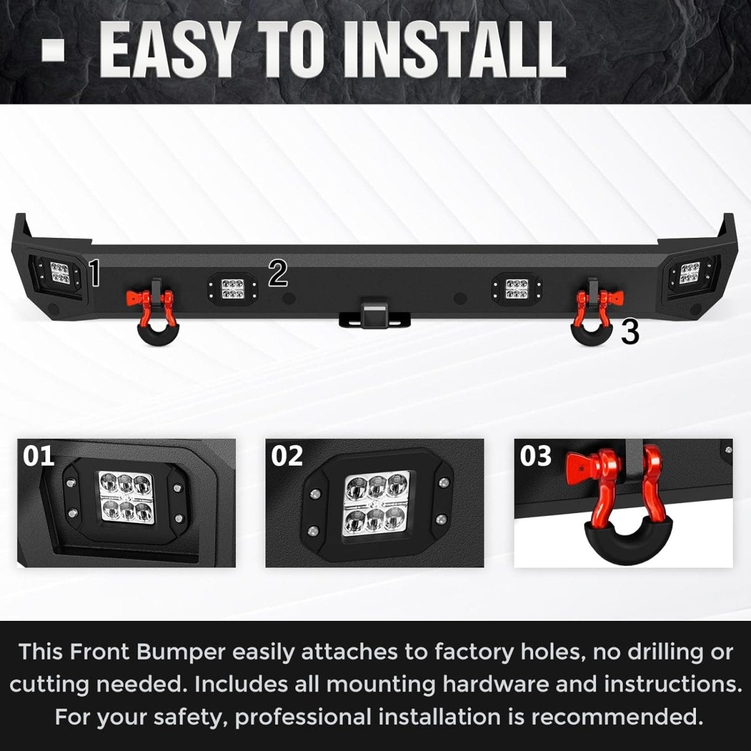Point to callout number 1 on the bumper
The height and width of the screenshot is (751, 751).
point(95,274)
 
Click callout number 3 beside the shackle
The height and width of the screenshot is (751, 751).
point(630,332)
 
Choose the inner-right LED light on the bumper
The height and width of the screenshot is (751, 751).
point(517,288)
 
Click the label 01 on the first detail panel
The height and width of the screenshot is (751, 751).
point(38,456)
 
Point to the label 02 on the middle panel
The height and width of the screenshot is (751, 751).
point(287,456)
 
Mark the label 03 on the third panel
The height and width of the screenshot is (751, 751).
point(536,456)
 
